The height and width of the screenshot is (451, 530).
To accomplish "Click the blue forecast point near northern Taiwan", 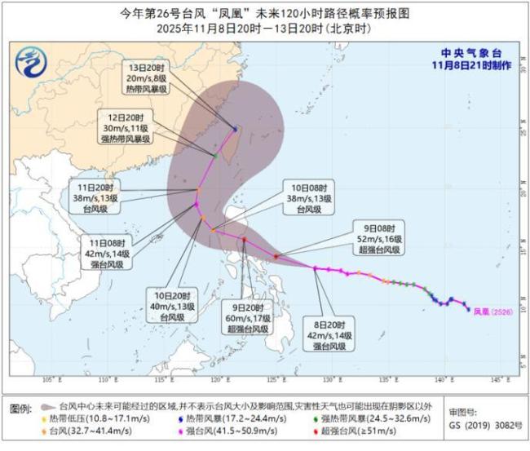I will (236, 129).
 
